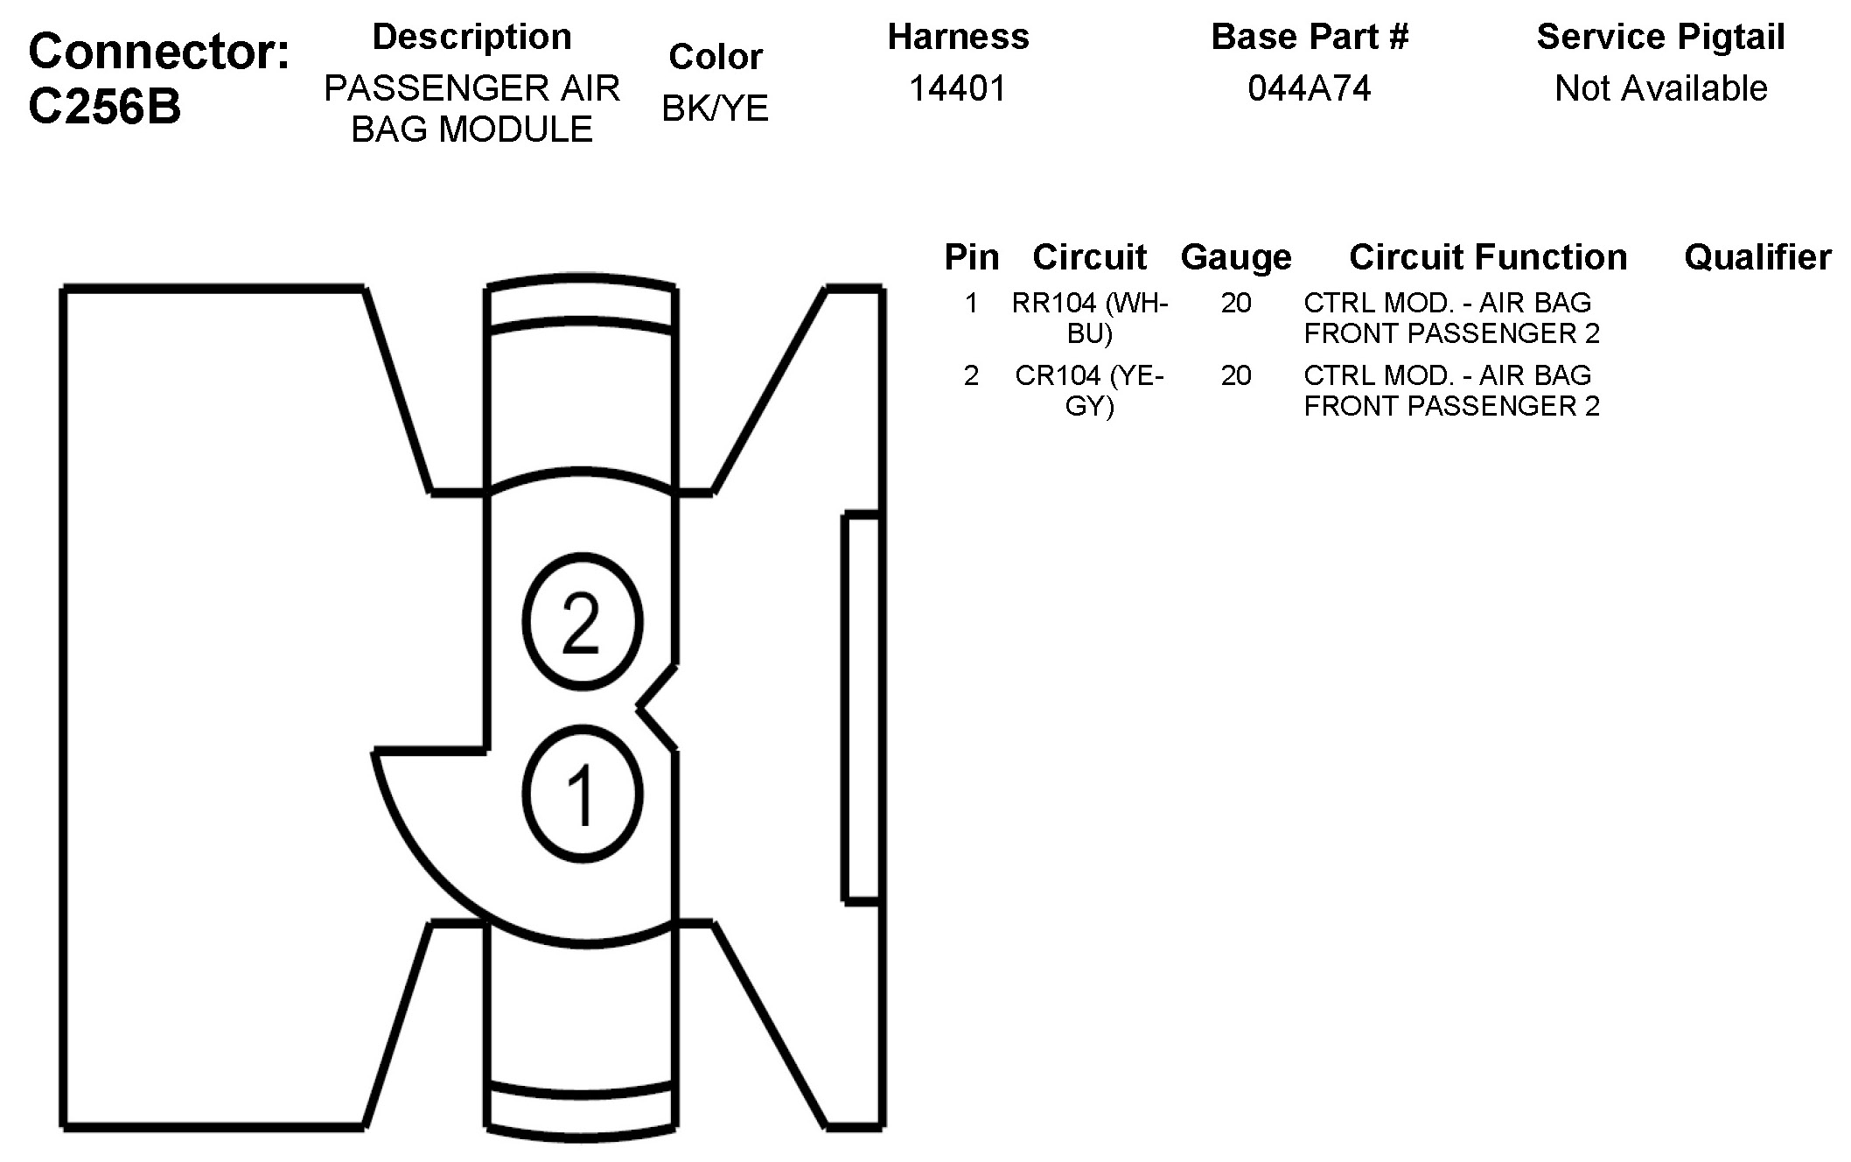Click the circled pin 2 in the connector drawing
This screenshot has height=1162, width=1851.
coord(582,621)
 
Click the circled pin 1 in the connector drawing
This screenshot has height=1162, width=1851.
coord(582,794)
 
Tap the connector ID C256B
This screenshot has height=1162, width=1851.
coord(105,107)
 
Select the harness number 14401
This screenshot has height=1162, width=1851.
coord(958,88)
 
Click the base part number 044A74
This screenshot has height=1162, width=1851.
coord(1309,88)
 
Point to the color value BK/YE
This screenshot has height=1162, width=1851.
coord(715,108)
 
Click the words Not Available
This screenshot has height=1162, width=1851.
coord(1660,88)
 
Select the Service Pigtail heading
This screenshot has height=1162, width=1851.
coord(1660,37)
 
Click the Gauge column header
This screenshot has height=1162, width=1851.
coord(1235,257)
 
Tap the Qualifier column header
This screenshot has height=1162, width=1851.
coord(1757,257)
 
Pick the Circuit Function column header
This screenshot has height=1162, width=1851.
coord(1488,257)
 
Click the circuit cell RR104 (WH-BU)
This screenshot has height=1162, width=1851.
coord(1089,318)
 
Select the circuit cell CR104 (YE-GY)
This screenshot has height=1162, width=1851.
coord(1089,390)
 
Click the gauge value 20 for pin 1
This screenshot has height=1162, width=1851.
coord(1235,304)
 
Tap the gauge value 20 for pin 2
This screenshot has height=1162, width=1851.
coord(1235,376)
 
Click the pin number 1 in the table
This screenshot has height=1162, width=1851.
coord(971,304)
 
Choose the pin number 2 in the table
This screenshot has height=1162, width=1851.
coord(971,376)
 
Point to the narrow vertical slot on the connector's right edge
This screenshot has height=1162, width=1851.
coord(862,707)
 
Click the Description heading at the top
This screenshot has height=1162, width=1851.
coord(471,37)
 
